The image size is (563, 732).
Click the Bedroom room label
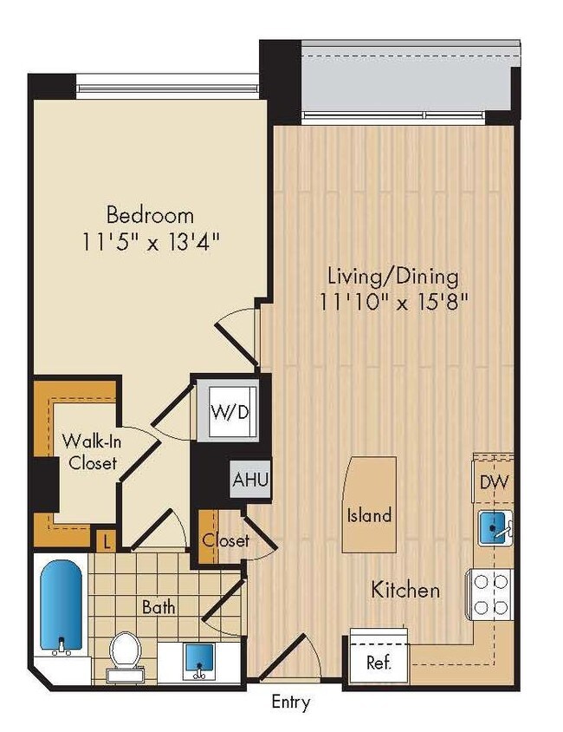pyautogui.click(x=149, y=214)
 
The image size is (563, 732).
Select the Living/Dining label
pyautogui.click(x=392, y=277)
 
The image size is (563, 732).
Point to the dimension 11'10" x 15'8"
pyautogui.click(x=392, y=303)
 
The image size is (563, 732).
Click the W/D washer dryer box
pyautogui.click(x=230, y=411)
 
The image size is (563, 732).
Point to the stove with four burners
pyautogui.click(x=492, y=595)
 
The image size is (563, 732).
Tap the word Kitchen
pyautogui.click(x=405, y=591)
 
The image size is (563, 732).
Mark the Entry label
pyautogui.click(x=290, y=702)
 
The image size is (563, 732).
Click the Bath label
pyautogui.click(x=159, y=607)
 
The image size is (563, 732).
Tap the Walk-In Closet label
pyautogui.click(x=88, y=452)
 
